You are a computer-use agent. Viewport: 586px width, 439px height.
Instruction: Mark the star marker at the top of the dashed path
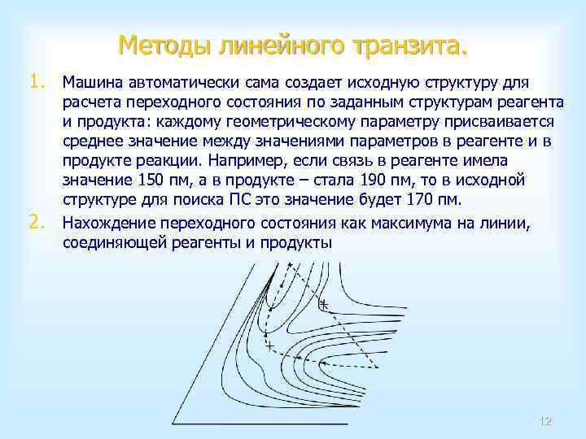tap(287, 265)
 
